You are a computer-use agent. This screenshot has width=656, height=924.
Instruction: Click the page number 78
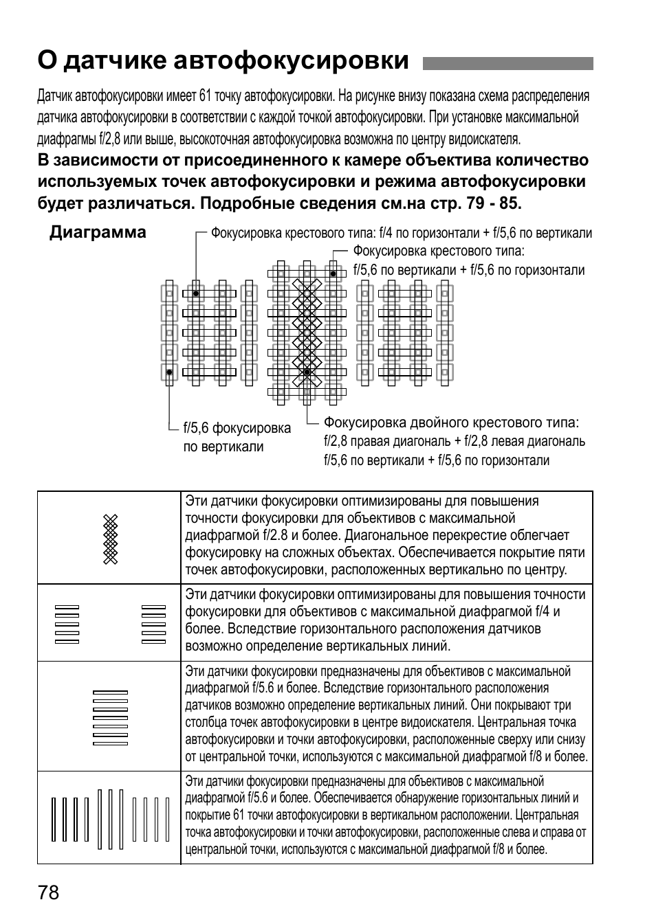click(49, 893)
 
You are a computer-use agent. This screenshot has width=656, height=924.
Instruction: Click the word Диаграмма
click(98, 232)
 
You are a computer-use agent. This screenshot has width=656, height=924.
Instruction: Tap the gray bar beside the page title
click(507, 63)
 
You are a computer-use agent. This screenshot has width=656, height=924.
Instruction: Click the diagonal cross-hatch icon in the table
click(111, 539)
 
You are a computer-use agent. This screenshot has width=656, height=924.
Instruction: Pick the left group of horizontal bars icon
click(67, 624)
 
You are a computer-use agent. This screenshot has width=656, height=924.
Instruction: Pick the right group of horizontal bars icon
click(153, 624)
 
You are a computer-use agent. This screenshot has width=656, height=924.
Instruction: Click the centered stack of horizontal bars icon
click(110, 717)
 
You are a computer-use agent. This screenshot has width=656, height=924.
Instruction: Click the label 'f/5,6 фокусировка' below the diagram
click(237, 429)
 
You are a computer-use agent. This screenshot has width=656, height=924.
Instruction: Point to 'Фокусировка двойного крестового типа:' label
click(451, 422)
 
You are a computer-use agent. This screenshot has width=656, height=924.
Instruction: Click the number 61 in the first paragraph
click(205, 95)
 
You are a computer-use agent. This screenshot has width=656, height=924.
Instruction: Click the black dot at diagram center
click(307, 372)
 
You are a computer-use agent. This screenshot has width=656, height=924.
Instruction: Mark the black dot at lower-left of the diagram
click(169, 372)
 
